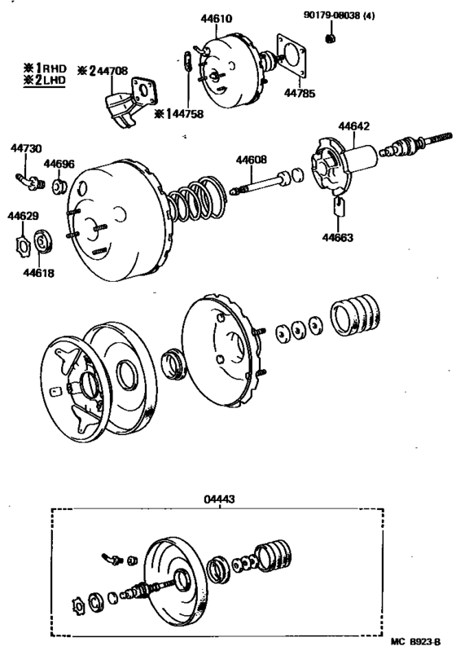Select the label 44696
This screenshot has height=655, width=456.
[x=59, y=164]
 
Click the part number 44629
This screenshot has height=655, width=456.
[x=22, y=216]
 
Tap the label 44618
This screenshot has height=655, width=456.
[x=38, y=274]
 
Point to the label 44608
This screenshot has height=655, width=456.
[x=252, y=160]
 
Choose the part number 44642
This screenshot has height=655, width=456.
[x=354, y=126]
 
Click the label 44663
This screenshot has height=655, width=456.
[x=336, y=238]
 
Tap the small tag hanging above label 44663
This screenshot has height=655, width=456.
[x=340, y=206]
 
